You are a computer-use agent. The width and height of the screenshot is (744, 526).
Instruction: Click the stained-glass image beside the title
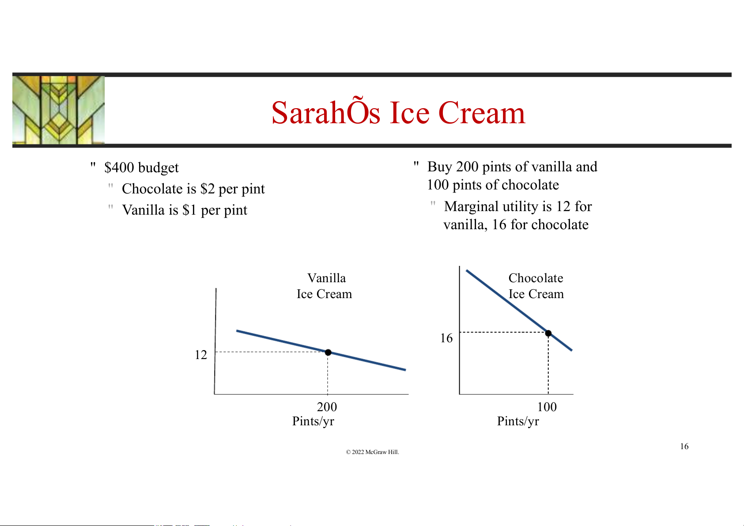coord(58,110)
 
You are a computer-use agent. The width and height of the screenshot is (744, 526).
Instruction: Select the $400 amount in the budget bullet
coord(119,167)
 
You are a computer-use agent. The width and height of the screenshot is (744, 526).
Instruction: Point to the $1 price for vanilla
coord(189,210)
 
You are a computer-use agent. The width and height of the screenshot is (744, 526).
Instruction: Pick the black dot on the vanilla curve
coord(328,352)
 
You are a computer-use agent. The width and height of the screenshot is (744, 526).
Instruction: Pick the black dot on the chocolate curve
coord(548,333)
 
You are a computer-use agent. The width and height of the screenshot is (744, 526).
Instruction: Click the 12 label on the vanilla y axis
coord(201,355)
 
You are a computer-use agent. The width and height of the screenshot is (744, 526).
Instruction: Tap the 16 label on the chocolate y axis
coord(446,338)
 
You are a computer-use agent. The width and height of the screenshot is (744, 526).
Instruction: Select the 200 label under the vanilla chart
coord(327,407)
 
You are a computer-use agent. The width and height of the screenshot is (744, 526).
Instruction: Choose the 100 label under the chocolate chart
coord(547,407)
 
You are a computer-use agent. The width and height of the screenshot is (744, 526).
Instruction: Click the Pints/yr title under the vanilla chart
coord(313,421)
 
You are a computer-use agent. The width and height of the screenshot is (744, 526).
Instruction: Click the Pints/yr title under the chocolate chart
coord(518,421)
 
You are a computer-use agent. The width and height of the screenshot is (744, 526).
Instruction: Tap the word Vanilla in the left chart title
coord(326,278)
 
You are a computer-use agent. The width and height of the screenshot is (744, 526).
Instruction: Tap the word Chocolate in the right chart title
coord(536,278)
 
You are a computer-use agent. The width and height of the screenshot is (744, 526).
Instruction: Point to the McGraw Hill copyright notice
coord(372,452)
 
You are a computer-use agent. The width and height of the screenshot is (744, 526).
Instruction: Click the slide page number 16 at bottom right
coord(684,446)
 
